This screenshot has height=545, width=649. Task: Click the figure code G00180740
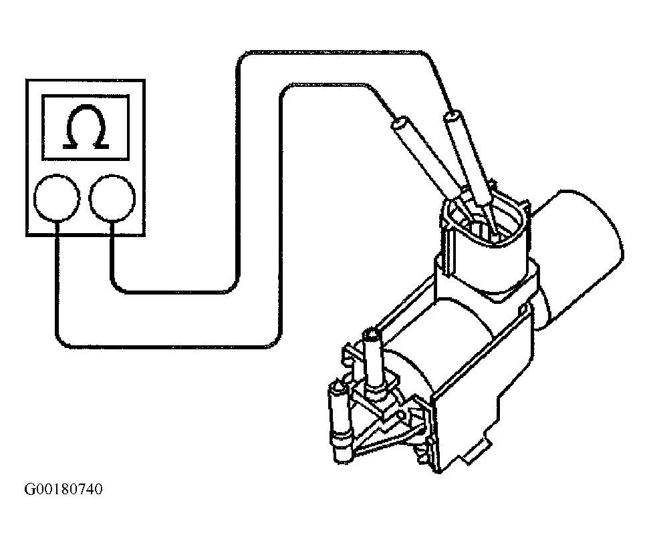coord(63,490)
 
